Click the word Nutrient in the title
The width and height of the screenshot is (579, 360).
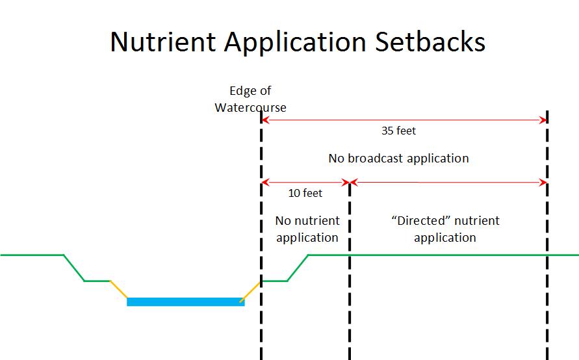click(163, 42)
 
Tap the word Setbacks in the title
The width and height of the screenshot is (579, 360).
click(430, 41)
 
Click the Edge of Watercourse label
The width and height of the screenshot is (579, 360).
click(250, 99)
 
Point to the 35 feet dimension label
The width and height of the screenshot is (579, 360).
click(398, 131)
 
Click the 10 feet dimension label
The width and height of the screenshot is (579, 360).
click(305, 193)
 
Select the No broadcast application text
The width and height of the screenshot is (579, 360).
click(398, 159)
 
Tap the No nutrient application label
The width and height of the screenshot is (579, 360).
click(307, 229)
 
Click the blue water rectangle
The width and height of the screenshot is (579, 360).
click(185, 302)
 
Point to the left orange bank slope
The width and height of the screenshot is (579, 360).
click(118, 289)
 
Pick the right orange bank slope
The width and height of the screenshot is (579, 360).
click(250, 292)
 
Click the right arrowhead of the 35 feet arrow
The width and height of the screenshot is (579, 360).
click(543, 120)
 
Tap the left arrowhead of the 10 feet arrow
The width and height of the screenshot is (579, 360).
click(264, 182)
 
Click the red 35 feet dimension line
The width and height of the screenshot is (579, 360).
click(404, 120)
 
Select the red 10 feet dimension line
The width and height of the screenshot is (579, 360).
click(305, 182)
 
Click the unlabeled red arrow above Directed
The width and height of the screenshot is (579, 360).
click(448, 182)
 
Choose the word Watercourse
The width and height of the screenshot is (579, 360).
click(250, 107)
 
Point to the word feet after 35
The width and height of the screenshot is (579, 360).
click(405, 131)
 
